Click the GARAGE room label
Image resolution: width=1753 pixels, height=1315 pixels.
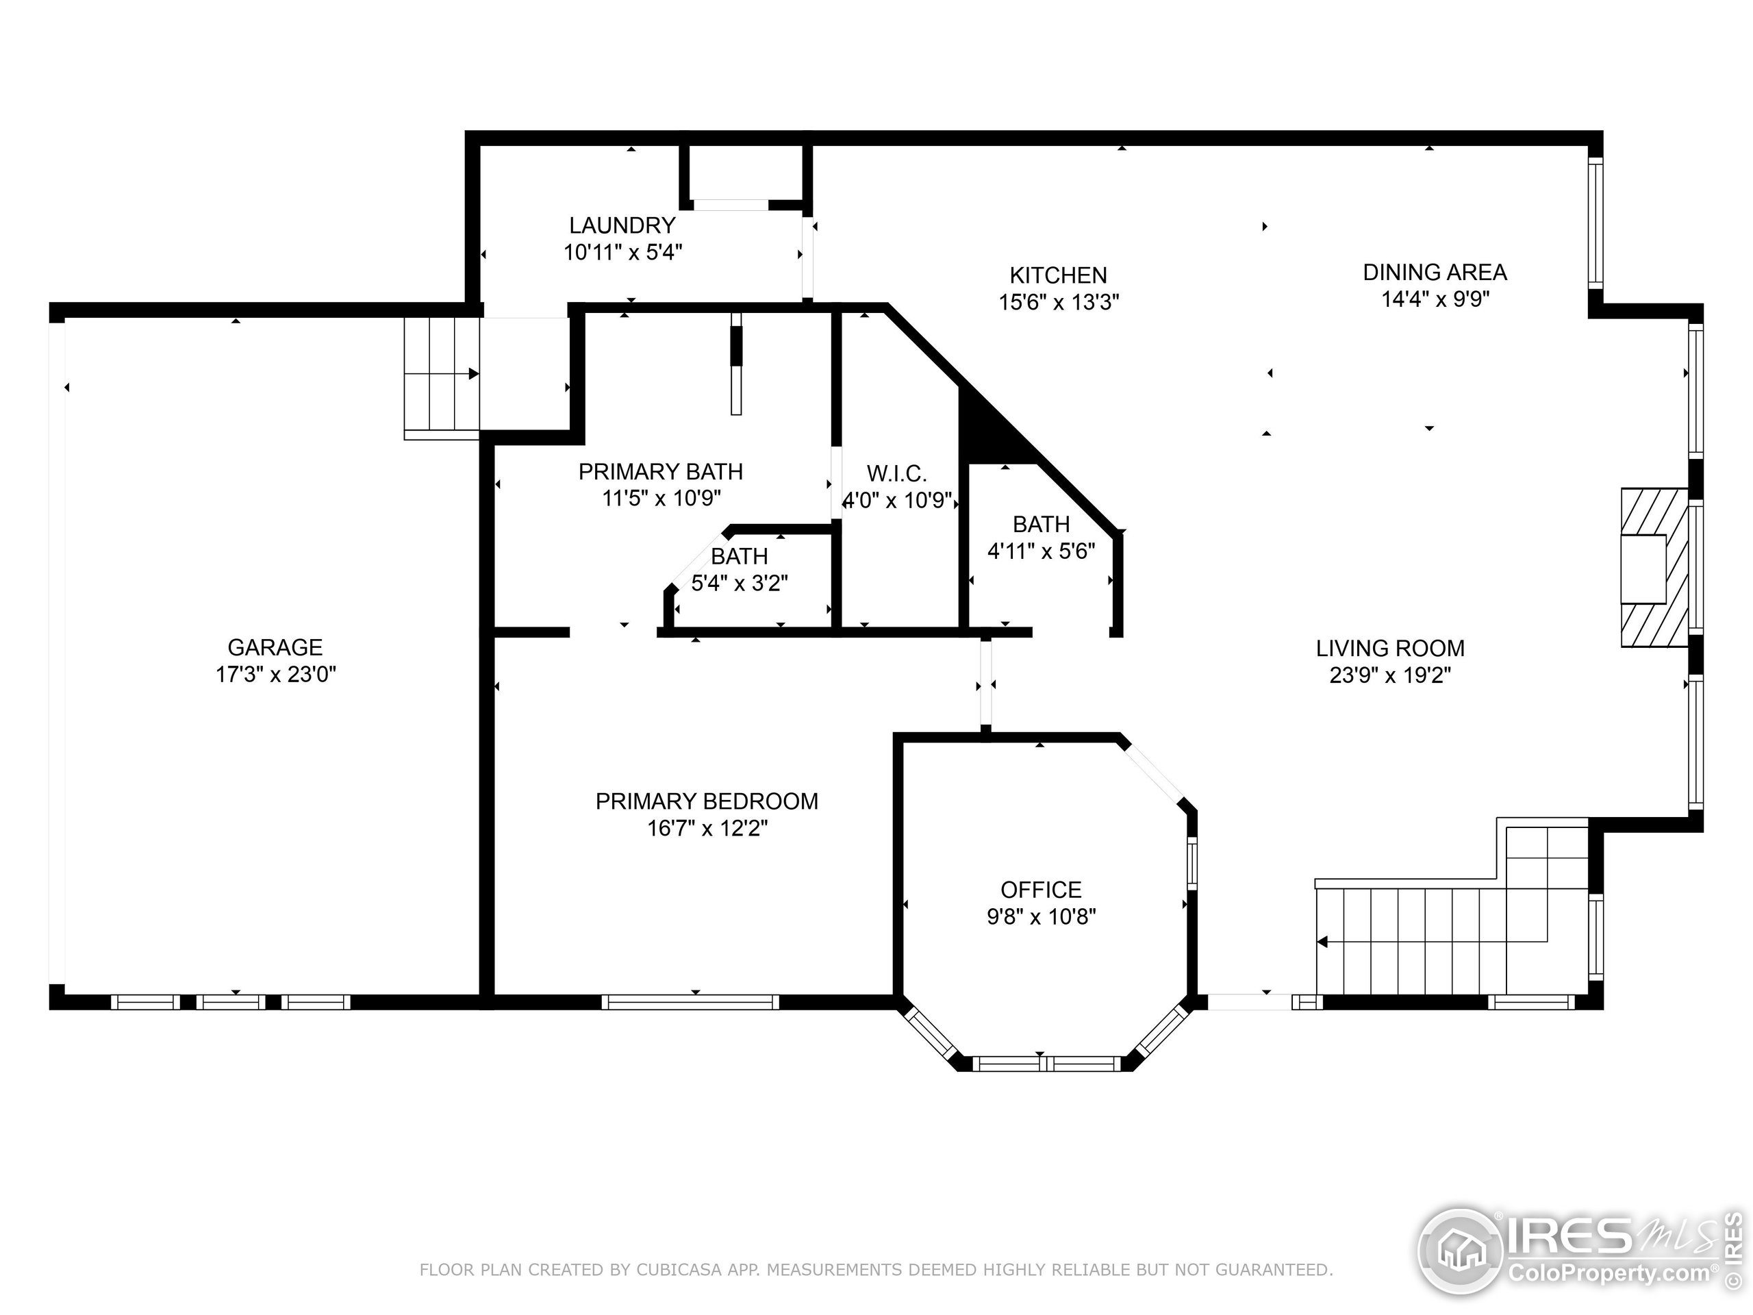[275, 648]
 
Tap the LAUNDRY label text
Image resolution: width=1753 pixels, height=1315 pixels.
[622, 225]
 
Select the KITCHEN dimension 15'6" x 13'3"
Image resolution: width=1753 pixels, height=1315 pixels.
[1058, 302]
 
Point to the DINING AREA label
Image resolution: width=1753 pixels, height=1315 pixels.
[1435, 272]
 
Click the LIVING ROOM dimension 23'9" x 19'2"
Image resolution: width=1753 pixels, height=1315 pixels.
[1390, 675]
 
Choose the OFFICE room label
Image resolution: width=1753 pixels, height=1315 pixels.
[1041, 890]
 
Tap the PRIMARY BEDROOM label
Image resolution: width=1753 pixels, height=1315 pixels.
[706, 801]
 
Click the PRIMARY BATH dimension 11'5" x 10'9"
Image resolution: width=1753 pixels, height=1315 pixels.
[661, 499]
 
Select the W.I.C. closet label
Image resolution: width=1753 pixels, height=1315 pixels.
[896, 473]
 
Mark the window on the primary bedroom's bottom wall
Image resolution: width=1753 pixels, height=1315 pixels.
[690, 1002]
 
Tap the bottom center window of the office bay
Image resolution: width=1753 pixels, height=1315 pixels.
[1046, 1064]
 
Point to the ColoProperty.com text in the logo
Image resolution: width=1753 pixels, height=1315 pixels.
[1609, 1274]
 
